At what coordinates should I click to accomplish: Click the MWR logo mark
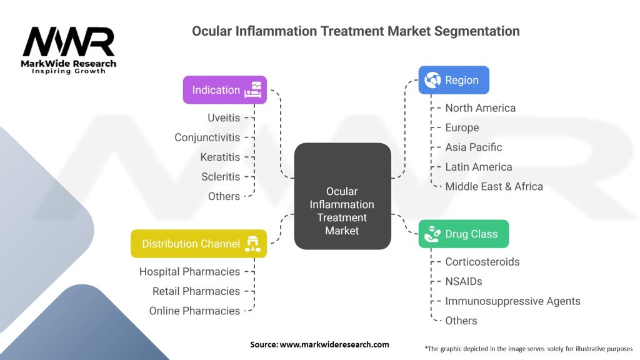pyautogui.click(x=69, y=41)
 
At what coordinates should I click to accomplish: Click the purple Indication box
pyautogui.click(x=225, y=90)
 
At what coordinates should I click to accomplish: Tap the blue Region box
pyautogui.click(x=454, y=80)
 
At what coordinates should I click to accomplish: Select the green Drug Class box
pyautogui.click(x=464, y=234)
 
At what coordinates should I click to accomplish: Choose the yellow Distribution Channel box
pyautogui.click(x=199, y=244)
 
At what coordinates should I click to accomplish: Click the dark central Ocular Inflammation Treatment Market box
pyautogui.click(x=342, y=196)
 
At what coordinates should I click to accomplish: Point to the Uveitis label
pyautogui.click(x=224, y=117)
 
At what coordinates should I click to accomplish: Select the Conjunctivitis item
pyautogui.click(x=207, y=137)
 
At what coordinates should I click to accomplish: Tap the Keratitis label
pyautogui.click(x=220, y=157)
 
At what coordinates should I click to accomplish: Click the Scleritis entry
pyautogui.click(x=221, y=177)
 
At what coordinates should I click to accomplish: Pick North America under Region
pyautogui.click(x=481, y=107)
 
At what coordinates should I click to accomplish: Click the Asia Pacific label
pyautogui.click(x=474, y=147)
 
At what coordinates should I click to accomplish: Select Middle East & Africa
pyautogui.click(x=494, y=186)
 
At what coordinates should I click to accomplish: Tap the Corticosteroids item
pyautogui.click(x=482, y=262)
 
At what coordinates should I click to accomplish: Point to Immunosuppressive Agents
pyautogui.click(x=512, y=301)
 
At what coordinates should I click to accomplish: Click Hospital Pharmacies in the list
pyautogui.click(x=189, y=271)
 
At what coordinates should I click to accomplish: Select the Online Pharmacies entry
pyautogui.click(x=194, y=311)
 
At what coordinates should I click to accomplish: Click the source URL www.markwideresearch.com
pyautogui.click(x=334, y=344)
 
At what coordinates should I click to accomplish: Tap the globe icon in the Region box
pyautogui.click(x=432, y=80)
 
